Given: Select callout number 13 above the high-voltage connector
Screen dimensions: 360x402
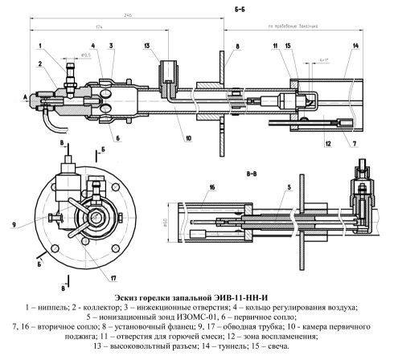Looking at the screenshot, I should point(148,47).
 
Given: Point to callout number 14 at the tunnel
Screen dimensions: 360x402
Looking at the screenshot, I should point(355,46).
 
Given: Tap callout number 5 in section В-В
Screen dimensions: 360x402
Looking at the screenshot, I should point(285,187).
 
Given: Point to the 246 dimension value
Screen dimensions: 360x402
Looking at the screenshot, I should point(127,14).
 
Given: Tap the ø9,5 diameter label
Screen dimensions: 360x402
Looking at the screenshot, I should point(83,57).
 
